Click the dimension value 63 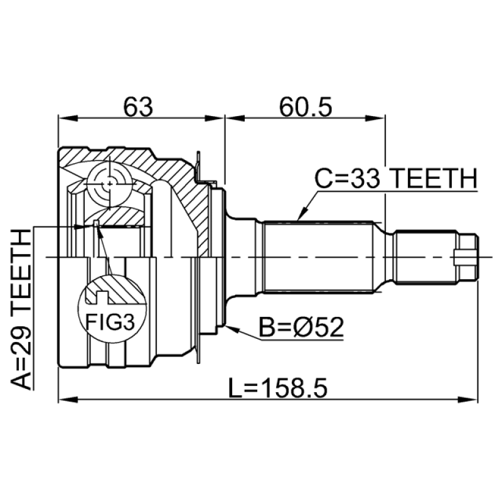[x=138, y=107]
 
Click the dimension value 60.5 [x=306, y=107]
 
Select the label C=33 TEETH [x=396, y=178]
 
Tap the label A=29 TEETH [x=22, y=309]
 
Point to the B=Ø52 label [x=301, y=327]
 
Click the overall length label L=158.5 [x=278, y=388]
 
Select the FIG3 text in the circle [x=110, y=322]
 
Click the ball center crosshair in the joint [x=109, y=184]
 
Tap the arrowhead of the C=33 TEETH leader [x=302, y=215]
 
